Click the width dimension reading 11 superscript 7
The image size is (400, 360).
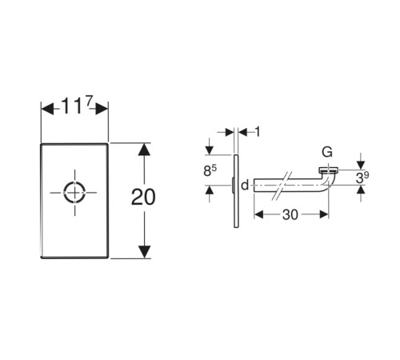[77, 105]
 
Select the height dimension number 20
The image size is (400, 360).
[143, 197]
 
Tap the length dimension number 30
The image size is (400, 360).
[290, 214]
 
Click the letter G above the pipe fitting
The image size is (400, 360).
[327, 152]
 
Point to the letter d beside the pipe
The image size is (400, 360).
[245, 185]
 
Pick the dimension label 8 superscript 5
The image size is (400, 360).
[210, 170]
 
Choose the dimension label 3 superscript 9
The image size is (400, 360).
[362, 178]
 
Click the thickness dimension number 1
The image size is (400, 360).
[258, 132]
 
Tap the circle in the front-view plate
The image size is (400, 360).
[74, 192]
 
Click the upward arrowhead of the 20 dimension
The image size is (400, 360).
[144, 150]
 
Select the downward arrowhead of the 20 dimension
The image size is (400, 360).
[144, 252]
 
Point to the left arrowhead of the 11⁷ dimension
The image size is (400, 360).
[47, 109]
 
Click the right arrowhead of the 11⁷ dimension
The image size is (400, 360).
[102, 109]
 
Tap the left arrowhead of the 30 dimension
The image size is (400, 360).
[258, 214]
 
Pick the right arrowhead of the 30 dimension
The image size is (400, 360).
[324, 214]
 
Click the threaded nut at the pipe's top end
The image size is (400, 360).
[329, 170]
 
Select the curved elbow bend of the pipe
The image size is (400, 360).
[327, 182]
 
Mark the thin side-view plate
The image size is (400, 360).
[236, 191]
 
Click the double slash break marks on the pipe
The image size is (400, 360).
[282, 186]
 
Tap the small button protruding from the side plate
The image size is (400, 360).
[233, 185]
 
